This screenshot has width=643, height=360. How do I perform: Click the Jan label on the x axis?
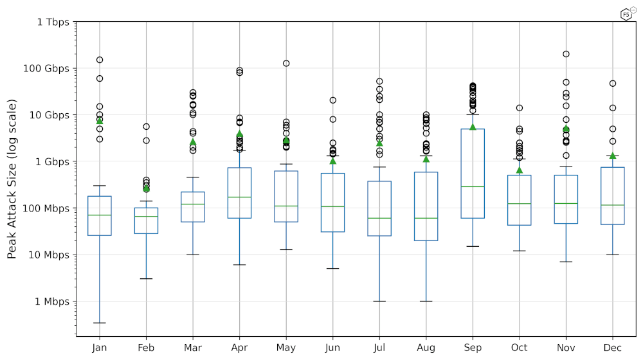pos(100,348)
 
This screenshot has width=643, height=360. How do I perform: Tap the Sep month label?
pos(473,348)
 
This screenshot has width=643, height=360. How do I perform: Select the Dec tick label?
pos(612,348)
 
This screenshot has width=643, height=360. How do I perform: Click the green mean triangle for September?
pos(473,127)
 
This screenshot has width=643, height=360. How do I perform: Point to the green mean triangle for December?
pos(613,156)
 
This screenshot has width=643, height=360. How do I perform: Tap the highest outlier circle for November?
pos(566,54)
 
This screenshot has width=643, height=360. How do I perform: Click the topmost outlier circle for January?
pos(100,60)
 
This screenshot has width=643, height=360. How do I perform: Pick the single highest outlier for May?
pos(286,63)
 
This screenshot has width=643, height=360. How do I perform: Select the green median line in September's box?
pos(473,186)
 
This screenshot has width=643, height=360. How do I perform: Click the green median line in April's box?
pos(239,197)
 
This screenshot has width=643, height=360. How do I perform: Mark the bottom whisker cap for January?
pos(100,323)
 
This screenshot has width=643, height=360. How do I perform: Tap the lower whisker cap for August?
pos(426,301)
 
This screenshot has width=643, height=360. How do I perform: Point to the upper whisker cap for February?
pos(146,201)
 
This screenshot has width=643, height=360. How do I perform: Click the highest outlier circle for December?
pos(613,83)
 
